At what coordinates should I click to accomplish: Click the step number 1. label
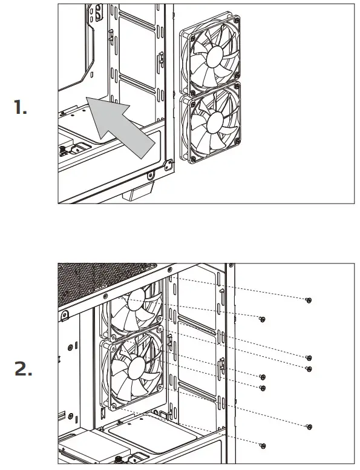tap(21, 108)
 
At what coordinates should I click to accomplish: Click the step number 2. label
tap(23, 369)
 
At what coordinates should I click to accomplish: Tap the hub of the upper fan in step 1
tap(214, 56)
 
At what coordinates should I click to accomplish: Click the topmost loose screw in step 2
tap(309, 300)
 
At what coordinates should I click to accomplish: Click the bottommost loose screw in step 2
tap(262, 445)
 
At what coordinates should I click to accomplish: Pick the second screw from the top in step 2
tap(262, 319)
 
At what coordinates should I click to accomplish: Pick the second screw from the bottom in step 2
tap(309, 426)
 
